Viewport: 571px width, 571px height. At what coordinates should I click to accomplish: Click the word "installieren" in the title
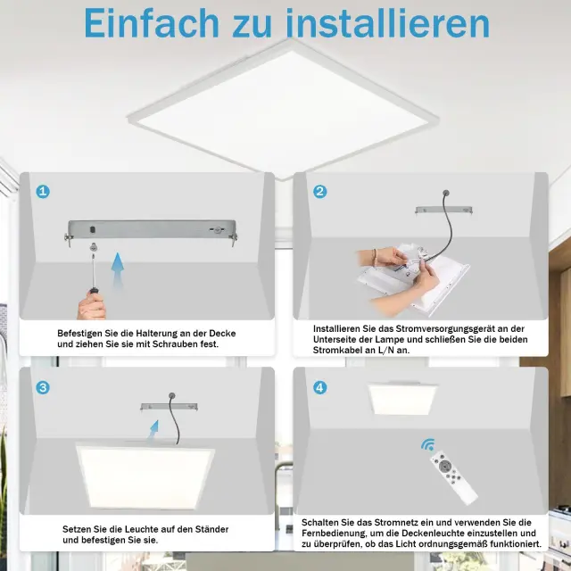click(x=388, y=23)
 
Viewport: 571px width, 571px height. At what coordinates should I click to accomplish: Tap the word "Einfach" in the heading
click(x=152, y=23)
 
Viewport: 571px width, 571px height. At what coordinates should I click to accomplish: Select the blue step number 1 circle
click(x=43, y=191)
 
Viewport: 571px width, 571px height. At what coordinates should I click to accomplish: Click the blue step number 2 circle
click(x=319, y=191)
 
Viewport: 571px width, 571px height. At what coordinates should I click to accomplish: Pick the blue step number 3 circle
click(x=43, y=387)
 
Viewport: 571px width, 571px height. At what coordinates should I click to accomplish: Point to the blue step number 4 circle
click(x=319, y=387)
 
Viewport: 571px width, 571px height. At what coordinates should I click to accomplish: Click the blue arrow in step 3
click(x=154, y=430)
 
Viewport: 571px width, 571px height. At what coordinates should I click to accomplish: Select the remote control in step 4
click(x=453, y=478)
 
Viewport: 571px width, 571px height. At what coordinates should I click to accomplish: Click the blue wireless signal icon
click(x=428, y=444)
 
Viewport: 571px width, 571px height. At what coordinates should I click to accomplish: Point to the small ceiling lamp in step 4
click(x=402, y=399)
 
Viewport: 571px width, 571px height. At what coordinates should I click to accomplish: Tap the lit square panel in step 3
click(x=145, y=476)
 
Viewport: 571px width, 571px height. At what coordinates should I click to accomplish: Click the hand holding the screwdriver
click(x=92, y=306)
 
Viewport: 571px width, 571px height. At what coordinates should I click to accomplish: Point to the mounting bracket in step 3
click(x=170, y=407)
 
